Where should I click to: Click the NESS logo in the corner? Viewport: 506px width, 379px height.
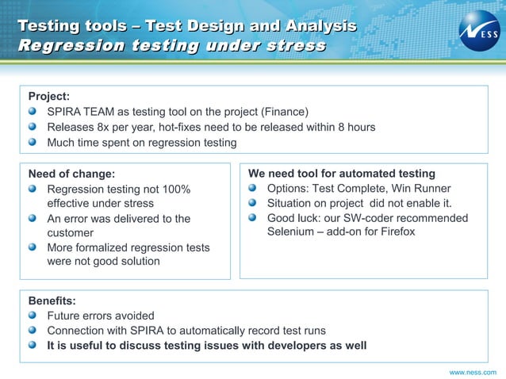[479, 30]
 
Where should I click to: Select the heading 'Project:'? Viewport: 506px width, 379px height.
[49, 96]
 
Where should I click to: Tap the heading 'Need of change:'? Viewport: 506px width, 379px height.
[71, 174]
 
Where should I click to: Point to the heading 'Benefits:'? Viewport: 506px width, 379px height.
[52, 301]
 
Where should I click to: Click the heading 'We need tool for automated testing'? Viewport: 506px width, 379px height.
[342, 174]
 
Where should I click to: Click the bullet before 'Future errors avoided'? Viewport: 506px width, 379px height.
[32, 316]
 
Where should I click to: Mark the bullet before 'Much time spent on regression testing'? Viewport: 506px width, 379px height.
[32, 143]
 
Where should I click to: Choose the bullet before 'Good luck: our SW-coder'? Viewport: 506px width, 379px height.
[252, 218]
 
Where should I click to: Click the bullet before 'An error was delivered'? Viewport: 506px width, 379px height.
[32, 218]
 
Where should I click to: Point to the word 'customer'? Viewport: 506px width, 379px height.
[71, 233]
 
